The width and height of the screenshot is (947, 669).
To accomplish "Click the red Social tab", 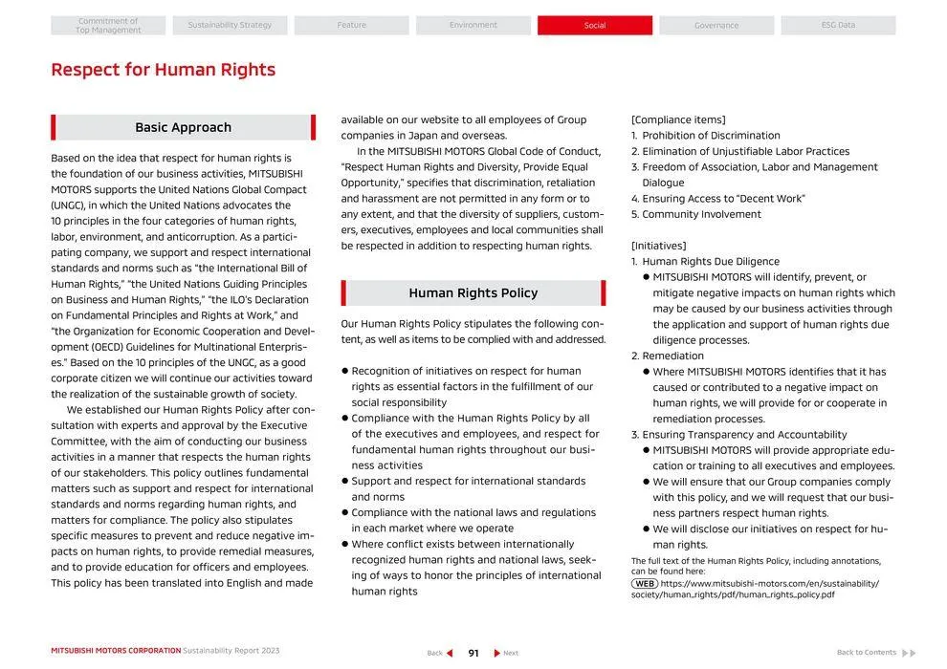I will tap(595, 26).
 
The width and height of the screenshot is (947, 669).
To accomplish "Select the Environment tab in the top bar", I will tap(473, 26).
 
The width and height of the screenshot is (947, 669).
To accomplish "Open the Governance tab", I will tap(716, 26).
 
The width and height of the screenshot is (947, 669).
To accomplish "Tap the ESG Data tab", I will tap(838, 26).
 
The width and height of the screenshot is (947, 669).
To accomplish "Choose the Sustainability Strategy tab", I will tap(230, 26).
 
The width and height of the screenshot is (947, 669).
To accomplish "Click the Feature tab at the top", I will tap(351, 26).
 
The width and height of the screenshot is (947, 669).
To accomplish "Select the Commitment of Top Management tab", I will tap(108, 26).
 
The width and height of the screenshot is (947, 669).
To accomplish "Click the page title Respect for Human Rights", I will tap(163, 70).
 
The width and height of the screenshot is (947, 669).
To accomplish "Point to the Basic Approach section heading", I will tap(183, 127).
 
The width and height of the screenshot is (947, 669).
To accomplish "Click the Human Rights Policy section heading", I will tap(473, 293).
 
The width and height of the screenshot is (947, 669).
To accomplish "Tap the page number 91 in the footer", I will tap(473, 654).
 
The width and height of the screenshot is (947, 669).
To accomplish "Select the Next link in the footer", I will tap(506, 654).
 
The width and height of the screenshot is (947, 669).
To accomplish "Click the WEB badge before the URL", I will tap(645, 583).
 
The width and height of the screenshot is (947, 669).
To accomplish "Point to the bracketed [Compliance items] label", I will tap(678, 119).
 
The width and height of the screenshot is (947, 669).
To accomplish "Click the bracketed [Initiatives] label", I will tap(659, 246).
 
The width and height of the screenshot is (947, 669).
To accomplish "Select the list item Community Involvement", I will tap(701, 214).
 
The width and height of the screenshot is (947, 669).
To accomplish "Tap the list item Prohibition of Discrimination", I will tap(711, 136).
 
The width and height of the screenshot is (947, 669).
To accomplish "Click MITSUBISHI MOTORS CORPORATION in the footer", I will tap(116, 651).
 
